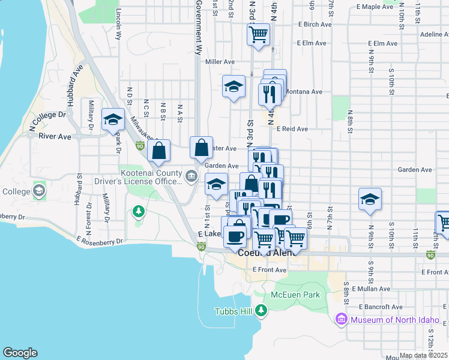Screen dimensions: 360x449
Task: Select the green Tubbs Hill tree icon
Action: click(261, 310)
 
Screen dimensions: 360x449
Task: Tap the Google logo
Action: click(20, 353)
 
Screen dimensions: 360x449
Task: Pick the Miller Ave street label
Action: click(220, 62)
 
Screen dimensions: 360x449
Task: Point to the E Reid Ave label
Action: click(292, 129)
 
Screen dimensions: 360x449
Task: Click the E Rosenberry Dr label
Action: click(100, 239)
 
